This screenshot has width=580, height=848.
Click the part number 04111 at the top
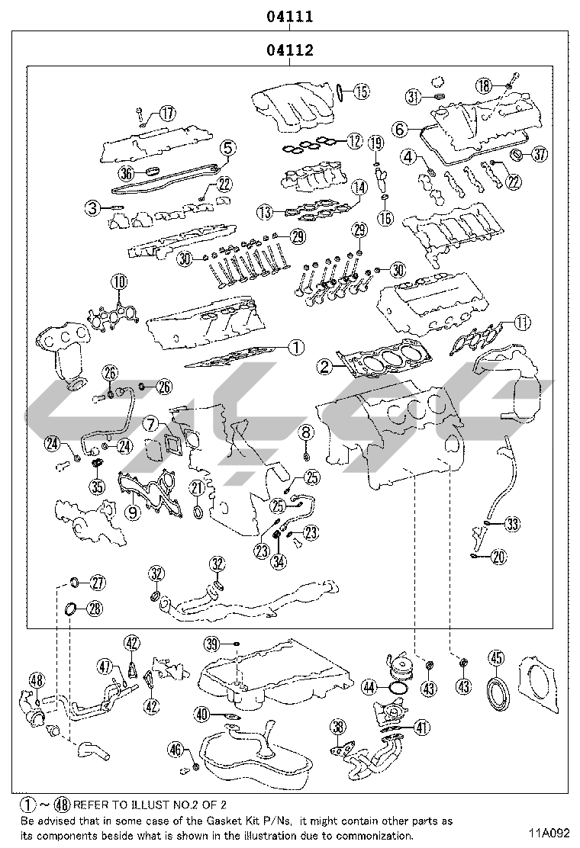click(x=290, y=16)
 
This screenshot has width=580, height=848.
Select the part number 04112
click(x=290, y=51)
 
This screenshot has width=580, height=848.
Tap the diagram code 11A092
click(x=546, y=833)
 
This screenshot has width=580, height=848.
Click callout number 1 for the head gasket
click(x=296, y=348)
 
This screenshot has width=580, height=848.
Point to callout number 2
click(x=325, y=368)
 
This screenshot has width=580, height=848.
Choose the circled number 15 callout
click(x=360, y=92)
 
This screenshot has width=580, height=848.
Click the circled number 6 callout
click(x=399, y=130)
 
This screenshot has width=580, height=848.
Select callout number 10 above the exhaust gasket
click(x=118, y=283)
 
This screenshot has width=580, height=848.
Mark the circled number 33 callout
click(x=511, y=524)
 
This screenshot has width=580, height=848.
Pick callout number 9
click(x=133, y=512)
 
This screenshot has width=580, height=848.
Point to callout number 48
click(x=37, y=681)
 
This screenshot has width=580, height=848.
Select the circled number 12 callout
click(x=353, y=140)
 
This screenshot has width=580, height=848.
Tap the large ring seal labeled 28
click(x=69, y=608)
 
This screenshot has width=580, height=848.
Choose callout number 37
click(x=540, y=155)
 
